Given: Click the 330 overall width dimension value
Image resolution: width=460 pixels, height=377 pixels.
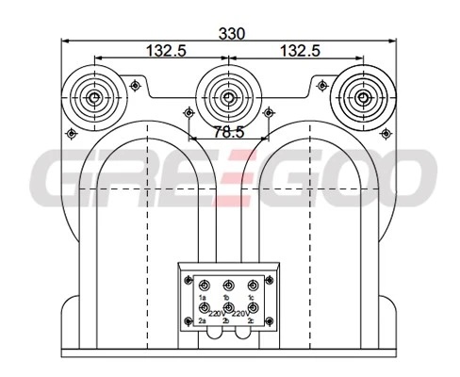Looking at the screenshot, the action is tap(231, 34).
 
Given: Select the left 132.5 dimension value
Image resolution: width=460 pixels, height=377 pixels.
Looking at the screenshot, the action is tap(167, 51).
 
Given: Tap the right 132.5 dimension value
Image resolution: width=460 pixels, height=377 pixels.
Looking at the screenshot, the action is tap(300, 51).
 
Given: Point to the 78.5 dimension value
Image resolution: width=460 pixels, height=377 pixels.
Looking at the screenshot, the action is tap(229, 132).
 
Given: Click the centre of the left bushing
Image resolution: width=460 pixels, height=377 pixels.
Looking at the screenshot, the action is tap(94, 98).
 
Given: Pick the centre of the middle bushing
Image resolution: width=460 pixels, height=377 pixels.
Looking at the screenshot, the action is tap(229, 98).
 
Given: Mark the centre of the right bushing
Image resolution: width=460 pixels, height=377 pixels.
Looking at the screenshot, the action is tap(363, 98).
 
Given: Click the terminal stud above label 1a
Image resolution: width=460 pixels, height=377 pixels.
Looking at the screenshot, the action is tap(205, 286).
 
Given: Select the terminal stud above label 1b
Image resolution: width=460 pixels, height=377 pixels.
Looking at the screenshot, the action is tap(228, 286).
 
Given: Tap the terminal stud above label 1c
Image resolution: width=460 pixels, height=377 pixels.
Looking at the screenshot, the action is tap(253, 286).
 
